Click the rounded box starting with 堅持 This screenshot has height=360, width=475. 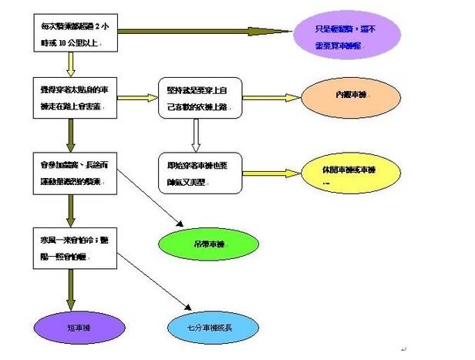[200, 97]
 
